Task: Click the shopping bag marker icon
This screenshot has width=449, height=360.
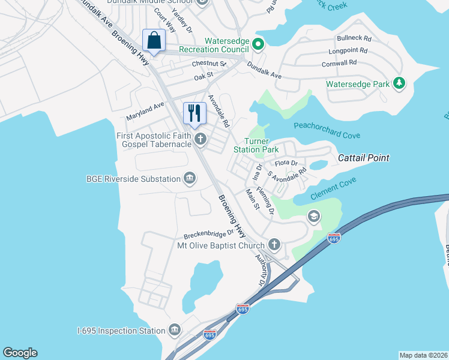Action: (154, 41)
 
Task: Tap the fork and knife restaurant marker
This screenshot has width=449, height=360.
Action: (194, 113)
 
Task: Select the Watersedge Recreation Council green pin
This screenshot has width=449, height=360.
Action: (258, 44)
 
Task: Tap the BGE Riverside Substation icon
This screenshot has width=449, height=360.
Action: (190, 179)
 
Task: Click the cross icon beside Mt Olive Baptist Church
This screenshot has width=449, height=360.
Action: (274, 245)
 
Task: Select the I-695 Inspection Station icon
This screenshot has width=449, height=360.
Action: (175, 331)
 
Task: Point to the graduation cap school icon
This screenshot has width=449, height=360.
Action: (313, 217)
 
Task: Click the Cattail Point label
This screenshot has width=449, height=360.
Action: (363, 158)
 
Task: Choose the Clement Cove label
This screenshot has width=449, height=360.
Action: (333, 188)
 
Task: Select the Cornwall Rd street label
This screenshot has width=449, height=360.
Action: (339, 62)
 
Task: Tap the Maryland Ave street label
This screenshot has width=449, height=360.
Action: (145, 110)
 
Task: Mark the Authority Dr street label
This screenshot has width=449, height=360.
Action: (261, 271)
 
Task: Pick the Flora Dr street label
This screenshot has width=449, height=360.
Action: (286, 163)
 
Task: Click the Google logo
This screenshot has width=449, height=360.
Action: (20, 353)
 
